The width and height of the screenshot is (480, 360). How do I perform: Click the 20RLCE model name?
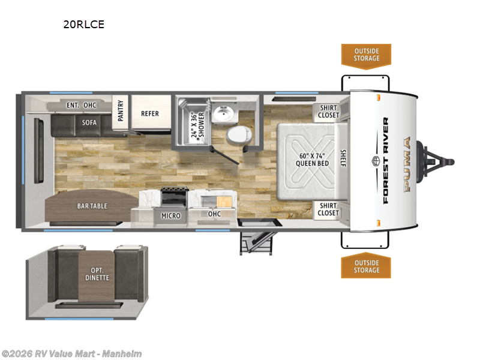point(83,24)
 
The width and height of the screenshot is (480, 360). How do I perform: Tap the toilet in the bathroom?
point(239,135)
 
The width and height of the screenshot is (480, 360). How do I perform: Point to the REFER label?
point(150,113)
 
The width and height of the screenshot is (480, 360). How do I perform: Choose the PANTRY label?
point(121,110)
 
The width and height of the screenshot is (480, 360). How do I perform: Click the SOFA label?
point(89,122)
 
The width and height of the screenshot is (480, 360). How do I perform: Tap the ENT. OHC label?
point(82,106)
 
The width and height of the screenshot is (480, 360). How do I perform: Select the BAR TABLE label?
point(92,206)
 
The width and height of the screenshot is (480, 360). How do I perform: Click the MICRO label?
point(171,216)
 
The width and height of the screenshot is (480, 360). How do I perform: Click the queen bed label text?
point(312,160)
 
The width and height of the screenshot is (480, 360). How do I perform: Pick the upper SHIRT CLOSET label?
point(328,112)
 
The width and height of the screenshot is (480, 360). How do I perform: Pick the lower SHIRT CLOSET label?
point(328,209)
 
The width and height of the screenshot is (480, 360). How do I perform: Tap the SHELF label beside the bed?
point(343,158)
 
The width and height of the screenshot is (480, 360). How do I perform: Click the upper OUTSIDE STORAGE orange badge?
point(367,56)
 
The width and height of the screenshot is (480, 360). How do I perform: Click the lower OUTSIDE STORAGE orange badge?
point(366,266)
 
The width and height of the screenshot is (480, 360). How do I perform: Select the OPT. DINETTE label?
point(97,274)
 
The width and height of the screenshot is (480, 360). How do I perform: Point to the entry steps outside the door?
point(256,243)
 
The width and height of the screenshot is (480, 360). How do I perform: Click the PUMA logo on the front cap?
point(407,164)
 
